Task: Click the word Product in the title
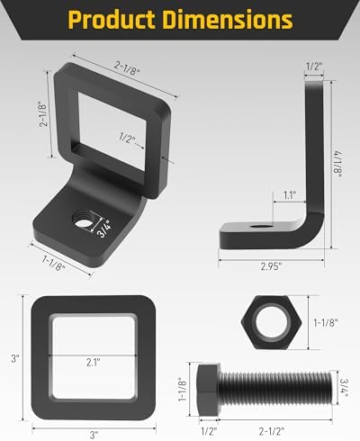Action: tap(112, 20)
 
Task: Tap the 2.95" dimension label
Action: tap(271, 266)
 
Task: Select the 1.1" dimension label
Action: tap(290, 195)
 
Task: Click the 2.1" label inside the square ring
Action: tap(94, 363)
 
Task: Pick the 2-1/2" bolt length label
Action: tap(272, 431)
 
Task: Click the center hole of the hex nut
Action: tap(271, 322)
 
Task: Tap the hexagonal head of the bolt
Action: tap(209, 390)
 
